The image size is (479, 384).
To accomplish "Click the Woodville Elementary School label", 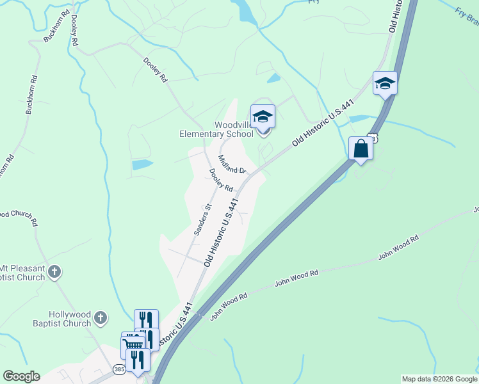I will tap(216, 129).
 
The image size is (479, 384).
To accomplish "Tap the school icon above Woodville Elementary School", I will tap(263, 117).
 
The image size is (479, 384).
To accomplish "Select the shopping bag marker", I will tap(361, 148).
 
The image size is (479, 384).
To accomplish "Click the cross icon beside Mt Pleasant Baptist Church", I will tap(55, 272).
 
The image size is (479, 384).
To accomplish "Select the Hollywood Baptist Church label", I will tap(70, 319).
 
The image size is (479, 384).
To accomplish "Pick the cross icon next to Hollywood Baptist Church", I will tap(100, 317).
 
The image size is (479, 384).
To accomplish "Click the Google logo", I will tap(21, 376).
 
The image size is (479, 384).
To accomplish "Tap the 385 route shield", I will tap(118, 369).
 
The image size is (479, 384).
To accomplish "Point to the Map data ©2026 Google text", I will tap(439, 379).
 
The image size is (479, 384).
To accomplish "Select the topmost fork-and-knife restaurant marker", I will tap(146, 321).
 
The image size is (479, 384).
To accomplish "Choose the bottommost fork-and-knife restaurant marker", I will tap(138, 359).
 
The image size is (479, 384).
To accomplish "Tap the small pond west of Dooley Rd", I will tap(142, 164).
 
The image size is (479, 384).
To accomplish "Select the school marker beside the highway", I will tap(385, 84).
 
